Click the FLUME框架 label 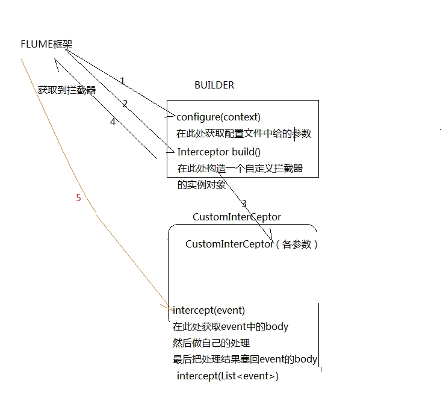(46, 45)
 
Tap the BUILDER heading (214, 85)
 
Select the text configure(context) (218, 117)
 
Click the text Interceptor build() (219, 152)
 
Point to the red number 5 (78, 197)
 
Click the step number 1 (122, 81)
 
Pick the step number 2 (125, 104)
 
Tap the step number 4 (113, 122)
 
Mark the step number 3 (244, 203)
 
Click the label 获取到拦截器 (67, 90)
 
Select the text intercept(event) (209, 310)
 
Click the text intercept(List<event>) (228, 376)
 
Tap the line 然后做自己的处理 (211, 343)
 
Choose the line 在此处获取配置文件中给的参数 (244, 133)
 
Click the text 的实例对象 (202, 185)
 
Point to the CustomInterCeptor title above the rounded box (237, 217)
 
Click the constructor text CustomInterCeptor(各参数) (252, 244)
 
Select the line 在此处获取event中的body (231, 326)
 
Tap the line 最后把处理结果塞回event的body (245, 359)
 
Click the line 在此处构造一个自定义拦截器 (240, 169)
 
